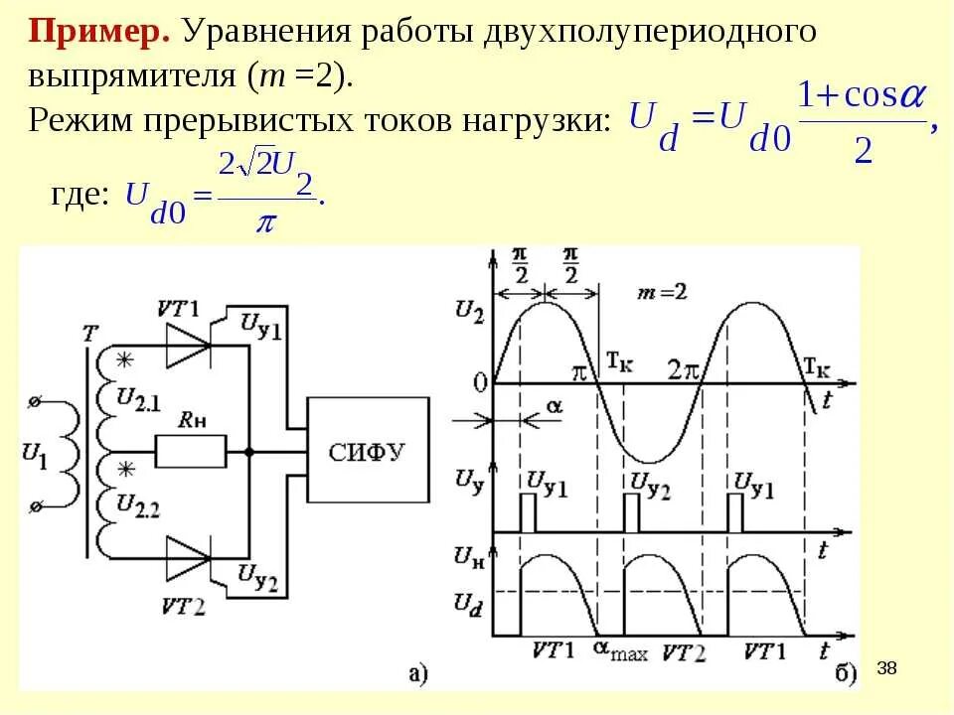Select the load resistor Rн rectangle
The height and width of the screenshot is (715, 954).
click(190, 452)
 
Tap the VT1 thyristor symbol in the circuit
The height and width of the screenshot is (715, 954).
click(190, 347)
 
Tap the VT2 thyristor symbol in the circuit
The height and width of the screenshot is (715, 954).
click(190, 556)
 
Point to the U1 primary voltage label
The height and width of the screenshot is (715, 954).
click(32, 454)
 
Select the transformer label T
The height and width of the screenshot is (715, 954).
click(90, 335)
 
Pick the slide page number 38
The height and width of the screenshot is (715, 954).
click(887, 668)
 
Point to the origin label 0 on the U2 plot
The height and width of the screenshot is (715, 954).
click(480, 383)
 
